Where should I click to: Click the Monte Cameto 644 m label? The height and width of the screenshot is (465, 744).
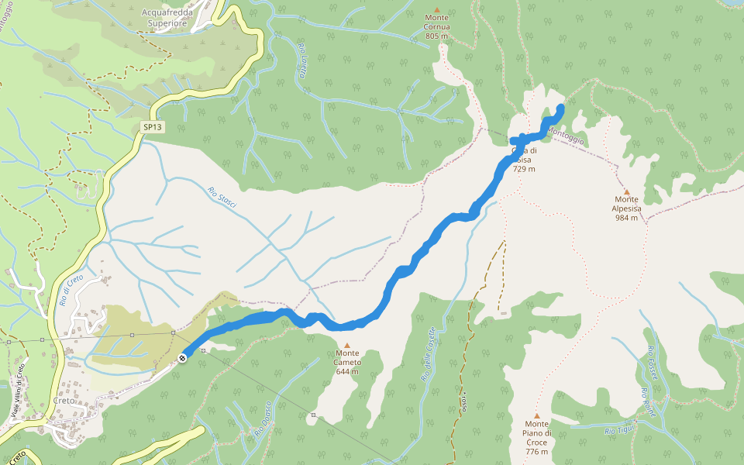pyautogui.click(x=347, y=367)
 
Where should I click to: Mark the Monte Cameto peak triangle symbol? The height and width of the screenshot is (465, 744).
pyautogui.click(x=347, y=346)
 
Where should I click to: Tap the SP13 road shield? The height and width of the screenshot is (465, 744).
pyautogui.click(x=153, y=126)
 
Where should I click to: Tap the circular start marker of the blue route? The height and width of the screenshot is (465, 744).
pyautogui.click(x=181, y=358)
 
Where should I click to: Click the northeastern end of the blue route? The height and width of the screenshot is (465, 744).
pyautogui.click(x=560, y=108)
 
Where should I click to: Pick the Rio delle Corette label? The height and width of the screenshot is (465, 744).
pyautogui.click(x=427, y=354)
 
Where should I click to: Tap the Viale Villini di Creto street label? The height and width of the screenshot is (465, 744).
pyautogui.click(x=17, y=391)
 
